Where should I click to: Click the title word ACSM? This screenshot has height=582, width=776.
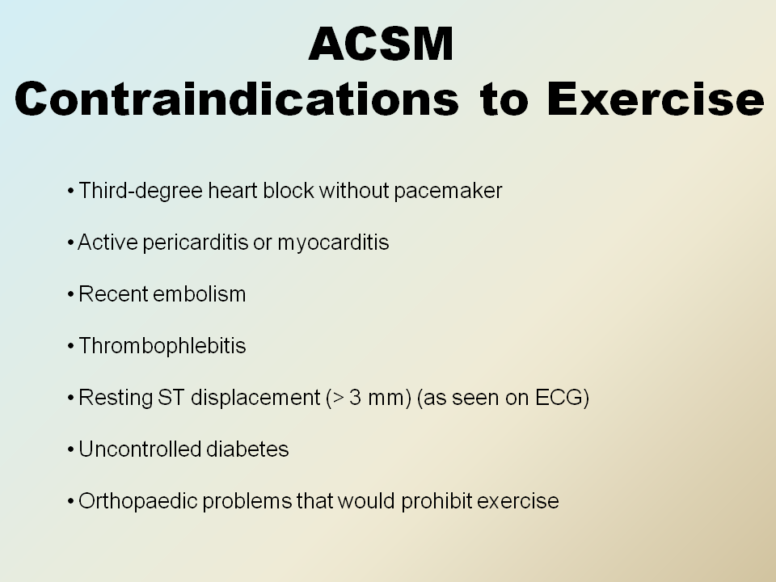click(x=381, y=44)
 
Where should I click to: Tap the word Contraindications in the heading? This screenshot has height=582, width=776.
click(x=237, y=99)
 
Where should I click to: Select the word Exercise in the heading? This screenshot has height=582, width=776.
click(x=656, y=99)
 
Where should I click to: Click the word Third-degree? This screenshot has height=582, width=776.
click(x=141, y=191)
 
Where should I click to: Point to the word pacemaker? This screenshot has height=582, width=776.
click(x=448, y=192)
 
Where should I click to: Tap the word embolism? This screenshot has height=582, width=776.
click(x=200, y=294)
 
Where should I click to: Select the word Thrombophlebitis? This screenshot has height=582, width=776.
click(x=162, y=346)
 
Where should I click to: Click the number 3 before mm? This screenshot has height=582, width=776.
click(x=355, y=398)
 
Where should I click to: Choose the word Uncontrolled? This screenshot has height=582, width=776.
click(x=140, y=449)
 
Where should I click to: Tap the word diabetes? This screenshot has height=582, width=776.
click(x=247, y=449)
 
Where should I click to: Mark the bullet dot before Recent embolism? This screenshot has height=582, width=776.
click(x=71, y=295)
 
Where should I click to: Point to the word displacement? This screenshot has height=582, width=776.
click(x=255, y=399)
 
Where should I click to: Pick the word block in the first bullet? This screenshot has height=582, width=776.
click(x=288, y=191)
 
